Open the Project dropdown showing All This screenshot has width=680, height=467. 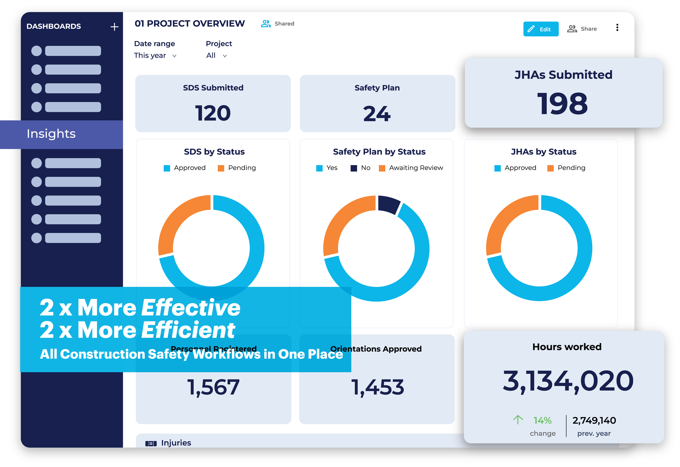tap(216, 56)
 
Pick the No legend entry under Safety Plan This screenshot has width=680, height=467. tap(361, 168)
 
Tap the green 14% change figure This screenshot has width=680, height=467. tap(542, 420)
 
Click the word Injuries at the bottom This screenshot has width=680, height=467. tap(176, 443)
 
